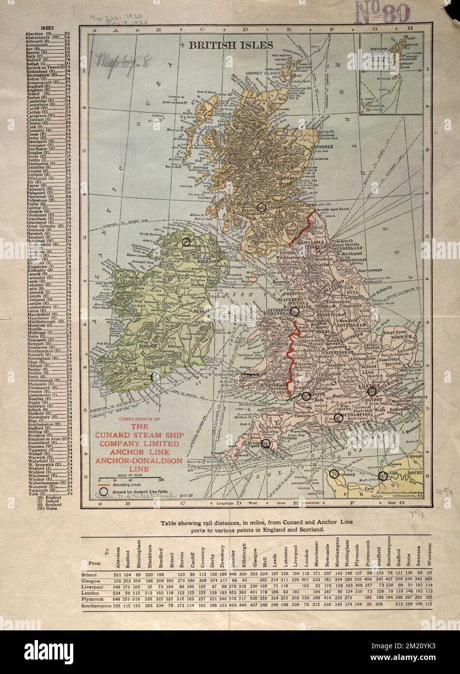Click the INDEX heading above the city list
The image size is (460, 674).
click(x=48, y=28)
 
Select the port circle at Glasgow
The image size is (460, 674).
click(x=262, y=207)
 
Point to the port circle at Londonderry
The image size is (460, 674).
click(x=186, y=241)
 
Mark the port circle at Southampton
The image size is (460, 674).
click(x=338, y=417)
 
